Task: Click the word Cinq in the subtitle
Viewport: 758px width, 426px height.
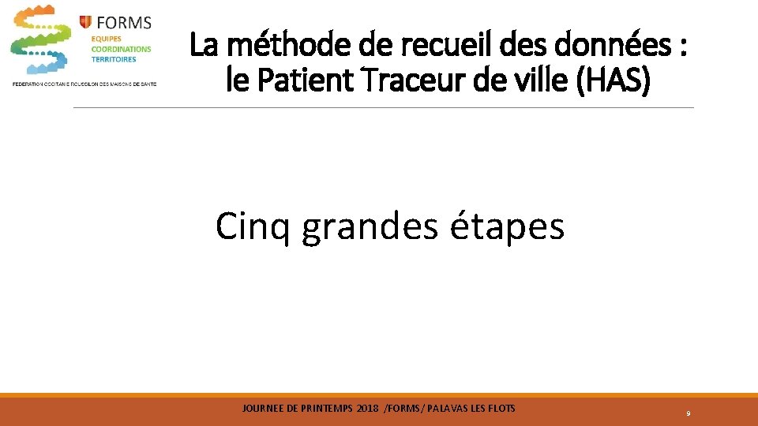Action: pyautogui.click(x=253, y=227)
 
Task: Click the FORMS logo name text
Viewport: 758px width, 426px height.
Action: pyautogui.click(x=125, y=21)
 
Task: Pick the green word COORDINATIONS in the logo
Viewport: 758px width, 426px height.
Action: pyautogui.click(x=121, y=49)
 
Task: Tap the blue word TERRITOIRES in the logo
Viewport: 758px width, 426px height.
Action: pyautogui.click(x=114, y=59)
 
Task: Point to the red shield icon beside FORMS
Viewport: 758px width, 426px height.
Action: pyautogui.click(x=85, y=21)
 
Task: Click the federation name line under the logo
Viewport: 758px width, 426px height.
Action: pyautogui.click(x=84, y=84)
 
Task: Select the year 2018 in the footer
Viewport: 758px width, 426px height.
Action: pyautogui.click(x=367, y=408)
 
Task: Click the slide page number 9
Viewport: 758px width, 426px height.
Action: pyautogui.click(x=689, y=413)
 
